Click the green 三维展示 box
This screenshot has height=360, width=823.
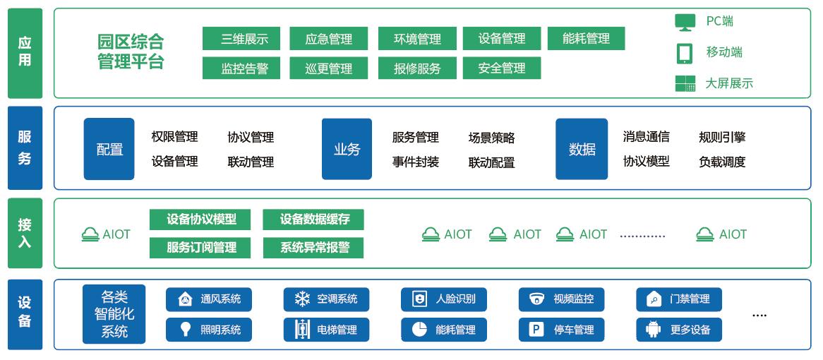click(x=241, y=39)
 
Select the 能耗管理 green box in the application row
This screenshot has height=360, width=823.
click(x=586, y=39)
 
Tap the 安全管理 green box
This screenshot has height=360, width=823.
click(x=501, y=68)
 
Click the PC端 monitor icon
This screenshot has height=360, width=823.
click(x=684, y=22)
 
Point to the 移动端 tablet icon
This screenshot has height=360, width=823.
click(x=684, y=53)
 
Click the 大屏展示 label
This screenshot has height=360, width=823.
click(x=729, y=83)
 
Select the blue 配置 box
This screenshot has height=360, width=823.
click(x=109, y=149)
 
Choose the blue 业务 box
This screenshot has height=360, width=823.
click(x=347, y=149)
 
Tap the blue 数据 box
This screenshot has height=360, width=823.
click(x=582, y=149)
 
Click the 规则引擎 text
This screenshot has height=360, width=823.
click(x=722, y=137)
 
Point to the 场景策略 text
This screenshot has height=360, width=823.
click(x=491, y=138)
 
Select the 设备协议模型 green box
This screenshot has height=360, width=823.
click(x=201, y=220)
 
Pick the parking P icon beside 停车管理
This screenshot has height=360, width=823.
click(x=536, y=329)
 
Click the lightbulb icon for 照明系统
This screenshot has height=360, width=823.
click(x=185, y=329)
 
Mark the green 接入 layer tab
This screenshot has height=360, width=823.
click(x=25, y=234)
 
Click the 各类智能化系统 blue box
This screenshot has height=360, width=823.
click(x=114, y=314)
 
